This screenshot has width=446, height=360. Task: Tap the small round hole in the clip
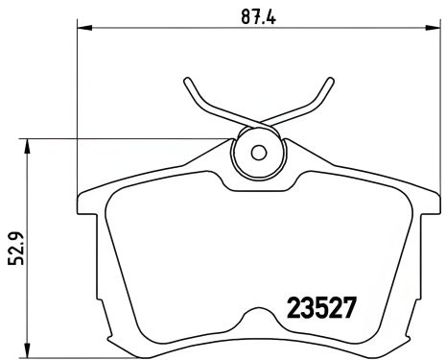click(x=258, y=152)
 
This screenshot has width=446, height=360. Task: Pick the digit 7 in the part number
click(x=350, y=309)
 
